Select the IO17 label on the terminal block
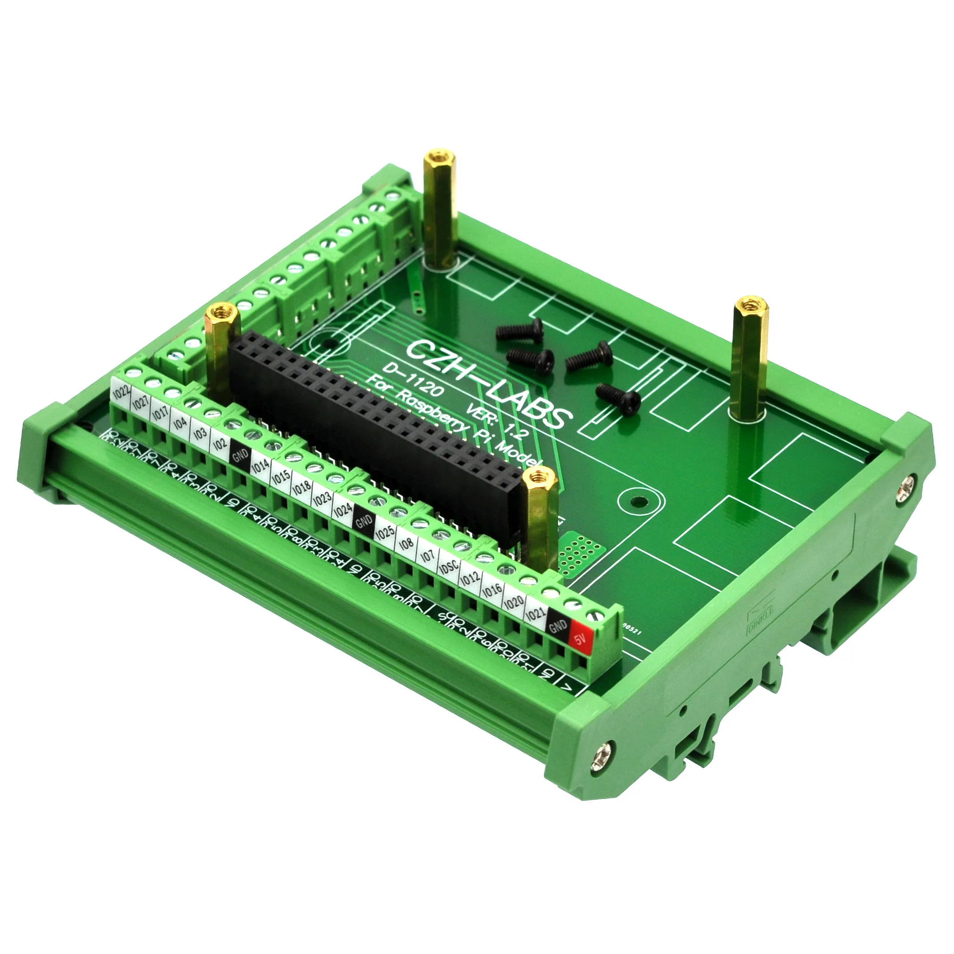click(160, 413)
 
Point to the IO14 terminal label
click(260, 466)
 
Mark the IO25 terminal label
click(385, 533)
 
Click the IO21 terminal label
click(535, 614)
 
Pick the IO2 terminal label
click(220, 444)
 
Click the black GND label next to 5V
click(559, 626)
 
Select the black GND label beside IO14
click(240, 455)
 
